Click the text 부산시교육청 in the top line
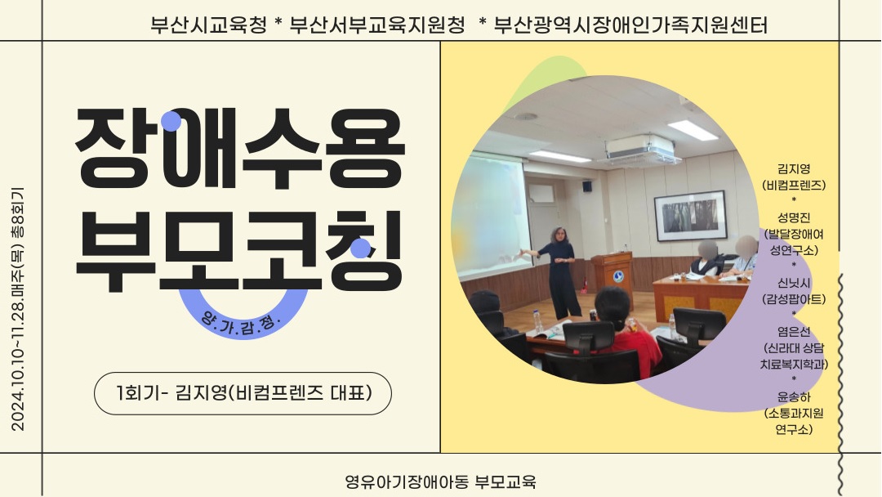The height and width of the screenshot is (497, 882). click(x=208, y=25)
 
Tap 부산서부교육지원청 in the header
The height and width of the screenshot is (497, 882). click(x=376, y=25)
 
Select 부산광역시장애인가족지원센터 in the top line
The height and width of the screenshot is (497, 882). click(x=630, y=25)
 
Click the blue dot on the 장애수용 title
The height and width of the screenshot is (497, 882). click(x=171, y=121)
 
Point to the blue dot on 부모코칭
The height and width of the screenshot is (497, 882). click(x=361, y=248)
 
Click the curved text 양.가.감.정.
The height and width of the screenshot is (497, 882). click(x=241, y=323)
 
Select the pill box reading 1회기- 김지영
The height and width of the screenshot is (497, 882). click(x=243, y=393)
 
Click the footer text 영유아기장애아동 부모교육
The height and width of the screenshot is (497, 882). click(x=440, y=481)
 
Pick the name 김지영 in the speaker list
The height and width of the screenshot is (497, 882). click(x=794, y=169)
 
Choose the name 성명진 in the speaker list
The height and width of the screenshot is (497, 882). click(x=794, y=217)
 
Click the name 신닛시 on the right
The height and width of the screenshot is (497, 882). click(x=794, y=283)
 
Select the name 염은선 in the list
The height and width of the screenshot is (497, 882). click(x=794, y=332)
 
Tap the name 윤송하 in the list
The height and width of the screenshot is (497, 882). click(x=794, y=397)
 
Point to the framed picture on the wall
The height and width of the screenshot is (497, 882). click(x=690, y=216)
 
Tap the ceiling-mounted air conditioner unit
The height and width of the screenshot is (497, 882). click(x=639, y=149)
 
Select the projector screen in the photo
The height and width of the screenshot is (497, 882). click(x=489, y=217)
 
